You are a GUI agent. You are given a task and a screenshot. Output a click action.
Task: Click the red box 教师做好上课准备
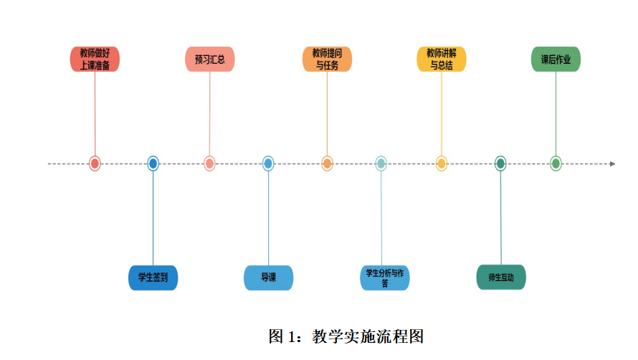pos(95,60)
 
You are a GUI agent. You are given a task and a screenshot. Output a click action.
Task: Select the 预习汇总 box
pos(209,60)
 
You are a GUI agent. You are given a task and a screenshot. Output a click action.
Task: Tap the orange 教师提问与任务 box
pos(327,60)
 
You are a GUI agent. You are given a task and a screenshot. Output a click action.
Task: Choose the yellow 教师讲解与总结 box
pos(442,60)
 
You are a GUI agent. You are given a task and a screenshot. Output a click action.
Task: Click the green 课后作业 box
pos(556,60)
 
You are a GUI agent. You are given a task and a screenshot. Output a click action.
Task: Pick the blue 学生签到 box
pos(153,278)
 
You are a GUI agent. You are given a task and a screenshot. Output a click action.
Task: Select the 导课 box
pos(269,278)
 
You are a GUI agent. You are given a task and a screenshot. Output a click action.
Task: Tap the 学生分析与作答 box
pos(384,278)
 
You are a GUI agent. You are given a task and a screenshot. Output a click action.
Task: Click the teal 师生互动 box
pos(501,278)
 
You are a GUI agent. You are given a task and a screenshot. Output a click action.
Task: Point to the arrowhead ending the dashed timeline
pos(612,164)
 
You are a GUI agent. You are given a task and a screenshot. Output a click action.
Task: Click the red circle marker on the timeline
pos(95,164)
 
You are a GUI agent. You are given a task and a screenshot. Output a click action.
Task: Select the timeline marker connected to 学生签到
pos(153,164)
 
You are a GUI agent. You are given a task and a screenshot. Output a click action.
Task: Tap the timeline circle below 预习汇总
pos(209,164)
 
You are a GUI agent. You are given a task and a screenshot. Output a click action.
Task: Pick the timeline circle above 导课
pos(268,164)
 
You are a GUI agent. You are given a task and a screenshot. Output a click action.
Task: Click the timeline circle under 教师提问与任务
pos(327,164)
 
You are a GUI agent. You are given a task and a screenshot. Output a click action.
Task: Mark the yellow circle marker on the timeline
pos(442,164)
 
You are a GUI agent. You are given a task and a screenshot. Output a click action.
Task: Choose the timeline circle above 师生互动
pos(500,164)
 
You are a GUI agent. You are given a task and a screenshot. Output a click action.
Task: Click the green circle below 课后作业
pos(556,164)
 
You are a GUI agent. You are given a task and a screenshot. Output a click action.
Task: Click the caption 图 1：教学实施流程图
pos(346,336)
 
